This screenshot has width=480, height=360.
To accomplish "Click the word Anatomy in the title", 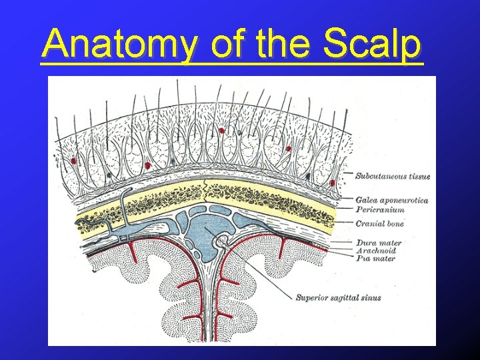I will pyautogui.click(x=120, y=45).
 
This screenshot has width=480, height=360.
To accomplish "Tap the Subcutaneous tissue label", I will pyautogui.click(x=392, y=177).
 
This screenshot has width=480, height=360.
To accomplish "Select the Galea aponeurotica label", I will pyautogui.click(x=391, y=200).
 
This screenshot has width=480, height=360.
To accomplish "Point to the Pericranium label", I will pyautogui.click(x=380, y=209).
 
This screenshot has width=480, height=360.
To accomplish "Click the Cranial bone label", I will pyautogui.click(x=379, y=224).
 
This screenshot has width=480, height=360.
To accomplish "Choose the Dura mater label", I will pyautogui.click(x=378, y=243).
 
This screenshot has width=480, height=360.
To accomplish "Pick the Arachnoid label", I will pyautogui.click(x=375, y=251).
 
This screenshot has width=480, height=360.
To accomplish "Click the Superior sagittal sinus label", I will pyautogui.click(x=338, y=297).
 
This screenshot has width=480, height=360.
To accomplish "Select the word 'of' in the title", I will pyautogui.click(x=226, y=45).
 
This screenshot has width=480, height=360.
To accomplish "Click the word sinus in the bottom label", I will pyautogui.click(x=371, y=297).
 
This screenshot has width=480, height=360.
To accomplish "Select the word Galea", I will pyautogui.click(x=366, y=200).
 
